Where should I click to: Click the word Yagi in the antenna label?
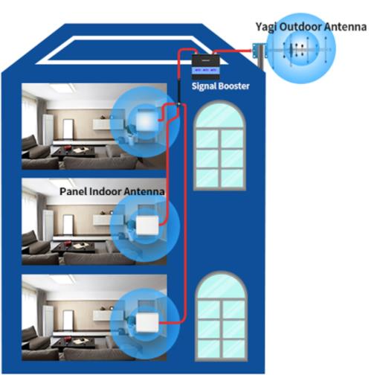click(266, 27)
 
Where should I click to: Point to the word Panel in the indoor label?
click(73, 191)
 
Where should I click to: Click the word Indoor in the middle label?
click(105, 191)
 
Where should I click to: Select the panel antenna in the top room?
click(146, 121)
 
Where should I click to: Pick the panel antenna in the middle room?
click(147, 225)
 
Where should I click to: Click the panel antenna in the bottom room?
click(147, 322)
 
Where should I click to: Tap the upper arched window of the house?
click(219, 146)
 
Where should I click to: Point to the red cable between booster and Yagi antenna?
click(232, 51)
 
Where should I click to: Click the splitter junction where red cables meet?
click(178, 103)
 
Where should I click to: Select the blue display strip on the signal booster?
click(206, 71)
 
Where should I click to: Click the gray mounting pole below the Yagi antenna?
click(261, 62)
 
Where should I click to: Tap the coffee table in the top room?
click(74, 152)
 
